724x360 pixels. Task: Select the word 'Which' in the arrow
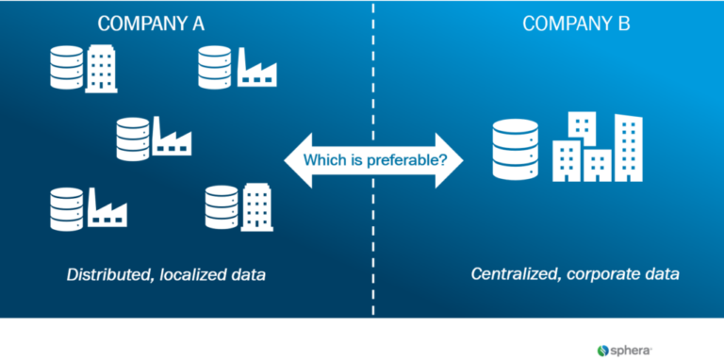tap(322, 159)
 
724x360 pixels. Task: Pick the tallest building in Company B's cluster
tap(628, 147)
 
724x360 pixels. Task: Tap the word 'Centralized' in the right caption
tap(516, 275)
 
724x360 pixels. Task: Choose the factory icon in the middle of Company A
tap(172, 141)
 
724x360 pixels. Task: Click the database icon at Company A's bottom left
tap(66, 208)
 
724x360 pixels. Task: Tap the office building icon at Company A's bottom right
tap(256, 207)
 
